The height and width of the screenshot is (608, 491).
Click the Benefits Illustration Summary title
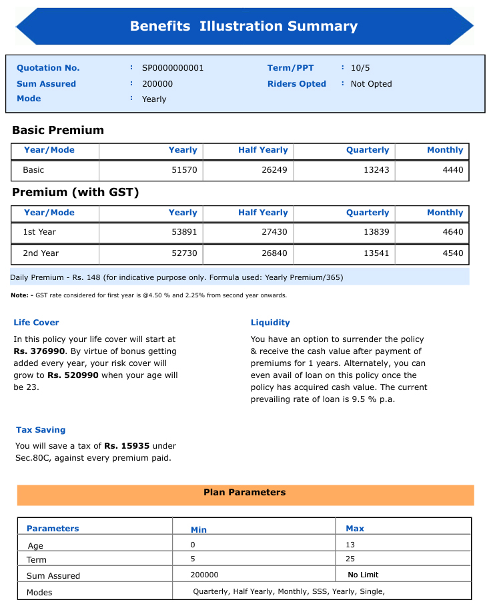pyautogui.click(x=243, y=27)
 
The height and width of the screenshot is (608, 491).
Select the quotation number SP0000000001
pyautogui.click(x=173, y=68)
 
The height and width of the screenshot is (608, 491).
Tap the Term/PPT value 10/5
pyautogui.click(x=361, y=68)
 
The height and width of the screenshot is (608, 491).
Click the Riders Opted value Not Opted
pyautogui.click(x=371, y=84)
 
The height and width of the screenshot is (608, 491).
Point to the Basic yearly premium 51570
pyautogui.click(x=184, y=170)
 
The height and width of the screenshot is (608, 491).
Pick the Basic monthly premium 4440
pyautogui.click(x=452, y=170)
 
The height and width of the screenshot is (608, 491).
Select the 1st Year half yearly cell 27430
pyautogui.click(x=274, y=232)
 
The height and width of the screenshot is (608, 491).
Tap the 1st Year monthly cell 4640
pyautogui.click(x=452, y=232)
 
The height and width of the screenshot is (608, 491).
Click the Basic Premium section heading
pyautogui.click(x=58, y=130)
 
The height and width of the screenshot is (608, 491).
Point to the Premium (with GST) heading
pyautogui.click(x=75, y=193)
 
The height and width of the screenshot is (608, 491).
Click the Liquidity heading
pyautogui.click(x=270, y=323)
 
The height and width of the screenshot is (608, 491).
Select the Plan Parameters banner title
pyautogui.click(x=244, y=493)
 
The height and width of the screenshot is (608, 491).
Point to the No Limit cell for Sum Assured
pyautogui.click(x=363, y=575)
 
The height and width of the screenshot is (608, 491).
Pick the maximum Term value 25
pyautogui.click(x=351, y=559)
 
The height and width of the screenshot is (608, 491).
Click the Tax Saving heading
pyautogui.click(x=41, y=430)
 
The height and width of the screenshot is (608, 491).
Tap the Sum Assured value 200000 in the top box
pyautogui.click(x=157, y=84)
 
